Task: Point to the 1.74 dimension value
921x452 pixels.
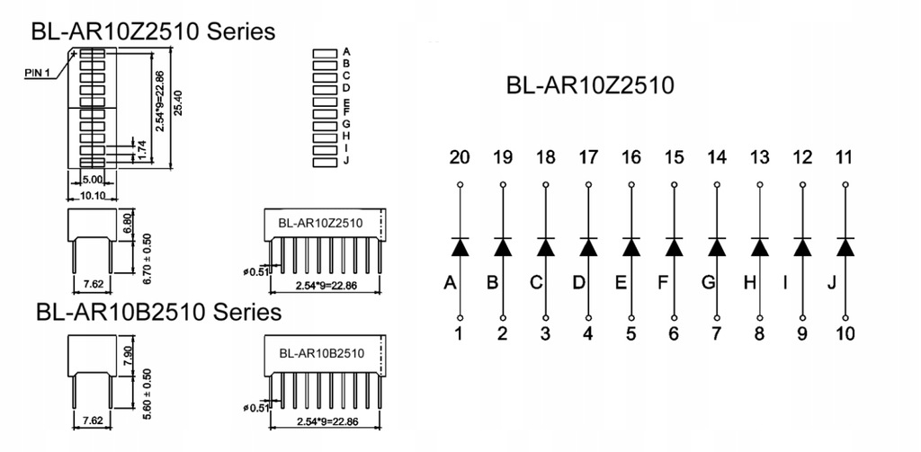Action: (x=141, y=151)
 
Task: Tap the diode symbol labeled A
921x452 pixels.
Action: (x=460, y=246)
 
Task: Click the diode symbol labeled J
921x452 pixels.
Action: (x=845, y=246)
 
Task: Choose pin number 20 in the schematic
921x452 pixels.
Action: (x=459, y=158)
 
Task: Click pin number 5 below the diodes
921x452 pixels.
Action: (x=630, y=334)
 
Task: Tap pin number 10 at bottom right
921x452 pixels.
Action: (x=845, y=334)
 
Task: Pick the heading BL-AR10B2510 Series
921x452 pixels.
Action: (x=158, y=312)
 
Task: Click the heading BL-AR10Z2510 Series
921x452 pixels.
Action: (x=153, y=31)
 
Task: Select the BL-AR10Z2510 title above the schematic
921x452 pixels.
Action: (x=590, y=86)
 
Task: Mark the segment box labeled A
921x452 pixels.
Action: (x=324, y=53)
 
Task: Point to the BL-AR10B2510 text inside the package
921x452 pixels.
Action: (x=321, y=353)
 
